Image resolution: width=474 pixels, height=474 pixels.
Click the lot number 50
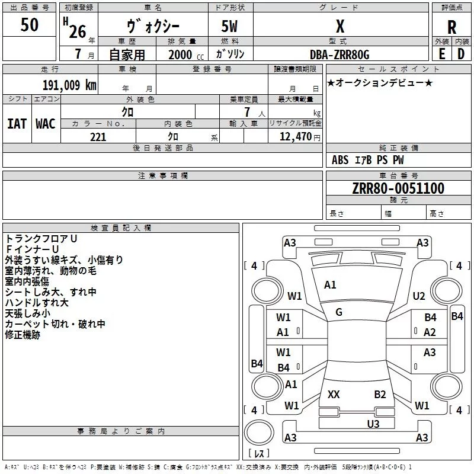(29, 24)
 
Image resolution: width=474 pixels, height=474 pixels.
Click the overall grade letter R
(451, 27)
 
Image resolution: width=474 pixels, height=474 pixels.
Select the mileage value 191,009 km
(69, 85)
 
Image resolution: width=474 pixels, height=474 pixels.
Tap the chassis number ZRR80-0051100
(398, 188)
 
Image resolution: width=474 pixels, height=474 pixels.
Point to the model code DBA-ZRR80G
(340, 55)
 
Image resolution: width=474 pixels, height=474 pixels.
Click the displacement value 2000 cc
(186, 55)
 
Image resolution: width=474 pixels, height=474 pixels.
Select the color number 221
(98, 137)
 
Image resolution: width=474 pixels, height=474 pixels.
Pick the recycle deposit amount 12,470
(295, 137)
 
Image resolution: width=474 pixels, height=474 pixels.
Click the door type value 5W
(229, 26)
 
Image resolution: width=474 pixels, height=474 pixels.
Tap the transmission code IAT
(17, 124)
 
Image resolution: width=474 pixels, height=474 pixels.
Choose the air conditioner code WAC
(46, 124)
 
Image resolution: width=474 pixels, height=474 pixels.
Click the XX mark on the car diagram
(334, 394)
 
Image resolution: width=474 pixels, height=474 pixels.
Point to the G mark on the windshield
(339, 312)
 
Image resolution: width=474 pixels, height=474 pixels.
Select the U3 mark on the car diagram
(373, 424)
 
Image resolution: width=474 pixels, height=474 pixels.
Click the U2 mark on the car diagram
(419, 296)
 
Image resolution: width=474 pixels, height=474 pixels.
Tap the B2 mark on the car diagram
(380, 394)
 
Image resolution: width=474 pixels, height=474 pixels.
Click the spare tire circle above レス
(259, 433)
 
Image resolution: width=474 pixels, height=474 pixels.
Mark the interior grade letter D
(461, 54)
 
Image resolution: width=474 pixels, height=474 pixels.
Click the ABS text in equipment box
(340, 160)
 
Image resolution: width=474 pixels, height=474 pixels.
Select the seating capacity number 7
(247, 112)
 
